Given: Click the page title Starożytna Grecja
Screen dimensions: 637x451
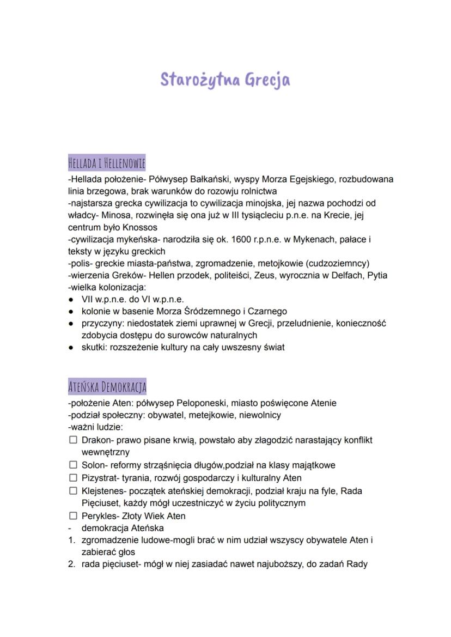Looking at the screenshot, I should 225,80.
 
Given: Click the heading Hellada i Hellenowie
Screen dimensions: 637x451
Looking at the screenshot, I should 107,163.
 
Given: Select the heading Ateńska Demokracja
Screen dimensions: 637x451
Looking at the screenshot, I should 107,387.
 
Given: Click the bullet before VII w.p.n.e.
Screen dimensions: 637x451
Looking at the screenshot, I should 71,300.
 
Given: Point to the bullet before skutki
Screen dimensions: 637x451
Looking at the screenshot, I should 71,348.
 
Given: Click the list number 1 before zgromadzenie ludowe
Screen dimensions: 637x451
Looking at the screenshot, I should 71,540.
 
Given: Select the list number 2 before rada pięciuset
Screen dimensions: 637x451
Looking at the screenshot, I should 71,564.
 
